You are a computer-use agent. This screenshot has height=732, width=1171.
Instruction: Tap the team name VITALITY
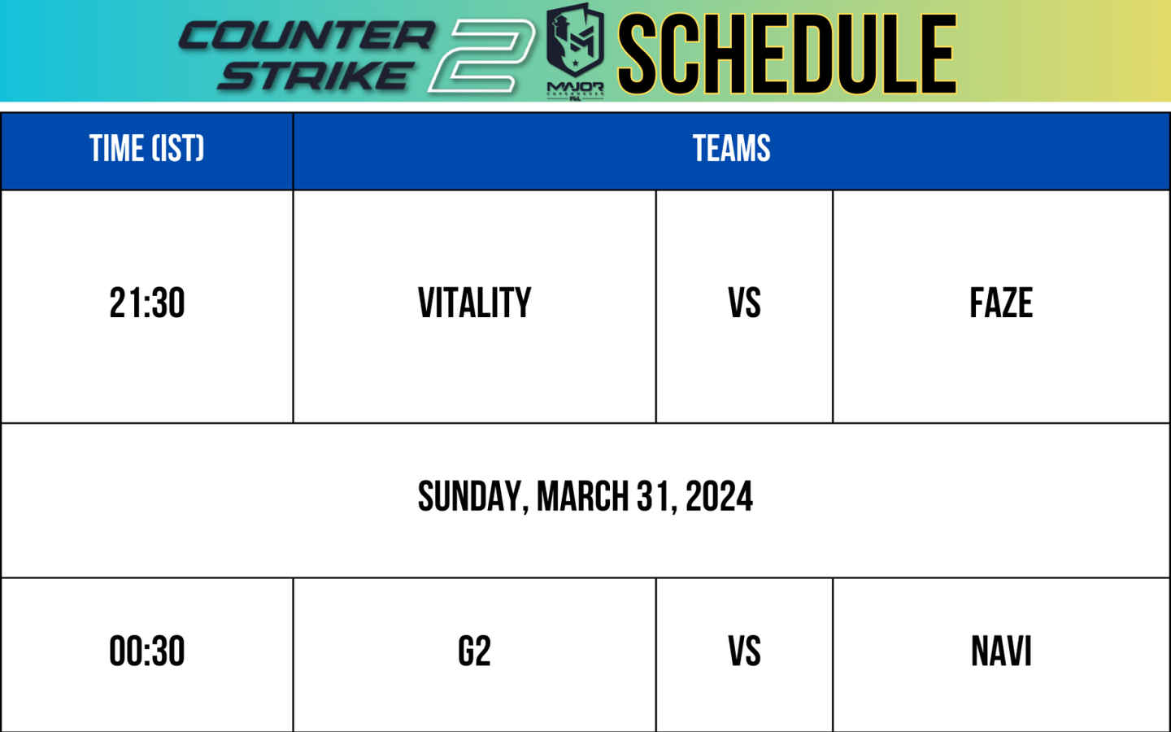(x=475, y=303)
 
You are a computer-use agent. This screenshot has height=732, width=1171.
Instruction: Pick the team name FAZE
(x=1001, y=303)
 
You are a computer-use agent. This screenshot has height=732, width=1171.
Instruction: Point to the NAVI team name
(x=1001, y=651)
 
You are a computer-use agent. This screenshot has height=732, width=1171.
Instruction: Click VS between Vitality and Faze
(x=744, y=303)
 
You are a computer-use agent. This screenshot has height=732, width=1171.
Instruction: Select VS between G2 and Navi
(x=744, y=651)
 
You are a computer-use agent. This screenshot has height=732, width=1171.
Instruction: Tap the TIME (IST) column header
(x=147, y=149)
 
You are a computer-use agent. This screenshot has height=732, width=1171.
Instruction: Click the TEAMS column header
(x=731, y=149)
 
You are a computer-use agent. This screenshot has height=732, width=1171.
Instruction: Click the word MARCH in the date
(x=582, y=495)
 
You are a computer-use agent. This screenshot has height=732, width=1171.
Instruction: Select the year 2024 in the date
(x=720, y=495)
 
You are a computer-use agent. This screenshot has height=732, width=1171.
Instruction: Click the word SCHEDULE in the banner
(x=787, y=54)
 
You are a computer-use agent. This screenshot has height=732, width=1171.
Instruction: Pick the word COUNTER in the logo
(x=307, y=36)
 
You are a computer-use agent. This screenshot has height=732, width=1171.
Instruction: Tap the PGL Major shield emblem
(x=575, y=41)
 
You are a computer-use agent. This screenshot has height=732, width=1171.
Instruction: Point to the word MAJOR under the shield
(x=575, y=87)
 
